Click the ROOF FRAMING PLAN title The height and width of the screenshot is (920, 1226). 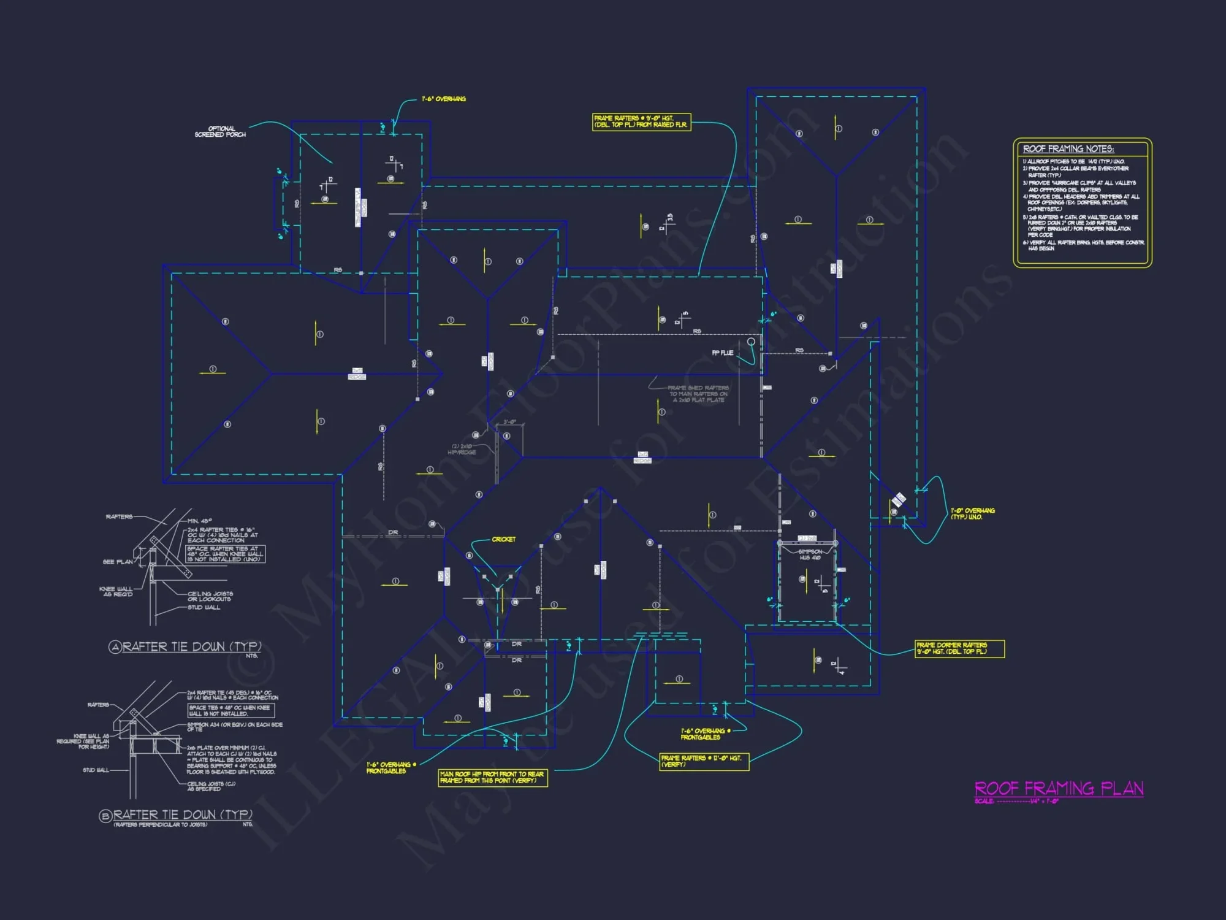[1059, 788]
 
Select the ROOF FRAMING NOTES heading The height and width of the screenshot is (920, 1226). [1068, 149]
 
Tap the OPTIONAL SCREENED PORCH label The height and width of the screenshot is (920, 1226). [221, 132]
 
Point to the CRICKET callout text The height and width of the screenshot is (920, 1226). [503, 540]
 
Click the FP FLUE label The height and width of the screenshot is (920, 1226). [722, 353]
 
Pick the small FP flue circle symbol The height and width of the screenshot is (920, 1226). [751, 342]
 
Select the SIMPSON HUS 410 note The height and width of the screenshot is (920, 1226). [810, 554]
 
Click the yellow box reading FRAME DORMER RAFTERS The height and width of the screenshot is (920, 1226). [959, 648]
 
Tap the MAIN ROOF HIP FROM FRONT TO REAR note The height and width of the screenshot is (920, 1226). [492, 778]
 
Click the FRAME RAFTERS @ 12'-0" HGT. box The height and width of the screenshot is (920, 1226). [704, 761]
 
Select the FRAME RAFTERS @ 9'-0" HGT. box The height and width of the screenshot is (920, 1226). [641, 121]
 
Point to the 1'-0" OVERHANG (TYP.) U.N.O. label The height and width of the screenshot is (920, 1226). [972, 513]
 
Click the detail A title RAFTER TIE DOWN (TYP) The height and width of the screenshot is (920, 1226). [192, 647]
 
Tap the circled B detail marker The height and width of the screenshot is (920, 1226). [105, 816]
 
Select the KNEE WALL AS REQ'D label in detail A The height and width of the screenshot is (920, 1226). [116, 591]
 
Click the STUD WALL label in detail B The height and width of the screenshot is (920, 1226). [96, 770]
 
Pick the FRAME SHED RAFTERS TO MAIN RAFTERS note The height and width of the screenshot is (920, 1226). [698, 394]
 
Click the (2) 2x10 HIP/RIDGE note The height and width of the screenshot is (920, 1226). [462, 449]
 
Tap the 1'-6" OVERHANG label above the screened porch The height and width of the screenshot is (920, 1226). [443, 99]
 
